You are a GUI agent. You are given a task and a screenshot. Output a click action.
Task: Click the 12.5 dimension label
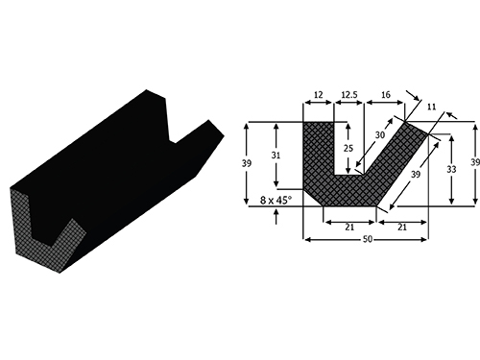349,95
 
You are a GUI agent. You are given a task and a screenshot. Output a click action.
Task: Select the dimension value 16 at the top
386,95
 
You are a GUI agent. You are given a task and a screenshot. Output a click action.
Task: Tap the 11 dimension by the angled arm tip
431,107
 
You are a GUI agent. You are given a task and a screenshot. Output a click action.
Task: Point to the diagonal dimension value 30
380,135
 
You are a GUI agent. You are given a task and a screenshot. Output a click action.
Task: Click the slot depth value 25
348,148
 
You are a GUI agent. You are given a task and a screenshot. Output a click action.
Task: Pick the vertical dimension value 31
276,156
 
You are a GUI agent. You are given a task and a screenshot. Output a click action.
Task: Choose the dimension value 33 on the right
451,169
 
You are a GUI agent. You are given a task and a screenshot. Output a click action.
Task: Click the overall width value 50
368,239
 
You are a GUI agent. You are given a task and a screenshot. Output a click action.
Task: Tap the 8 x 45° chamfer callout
276,201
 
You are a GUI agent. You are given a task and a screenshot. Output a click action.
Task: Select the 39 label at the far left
247,163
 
